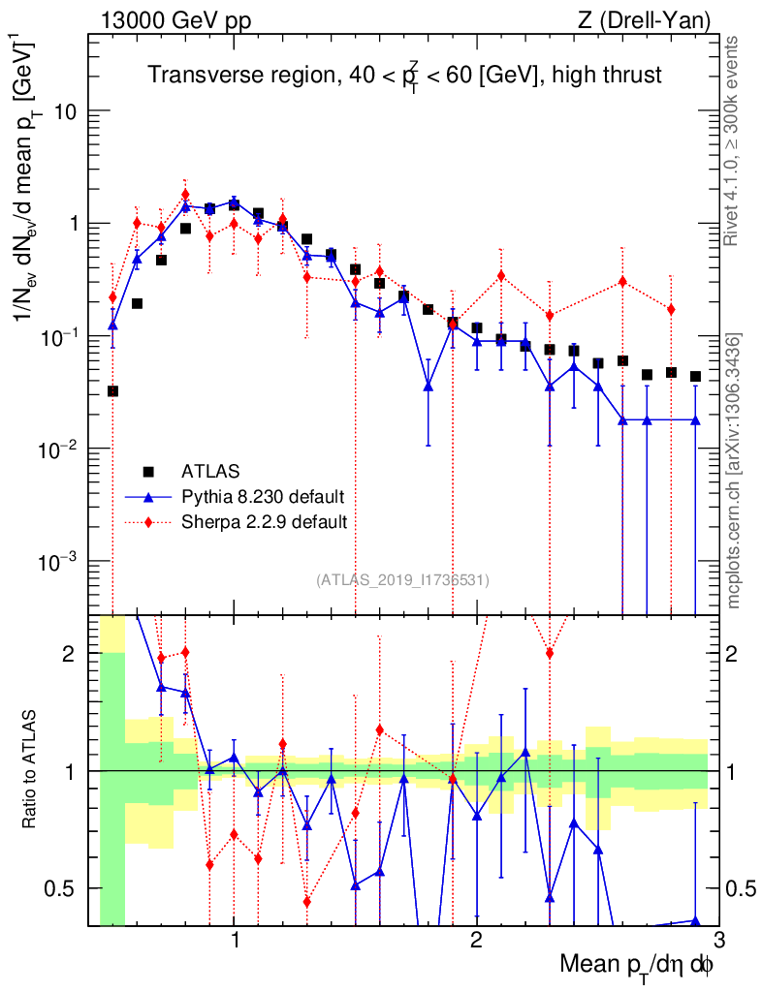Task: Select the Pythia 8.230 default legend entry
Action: coord(263,497)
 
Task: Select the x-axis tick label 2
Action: coord(476,939)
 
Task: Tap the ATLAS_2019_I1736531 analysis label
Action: coord(402,580)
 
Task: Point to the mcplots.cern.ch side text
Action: coord(734,470)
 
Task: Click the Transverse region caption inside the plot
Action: coord(404,76)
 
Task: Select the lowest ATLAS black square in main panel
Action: coord(112,391)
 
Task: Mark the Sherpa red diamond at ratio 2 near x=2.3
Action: coord(550,653)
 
